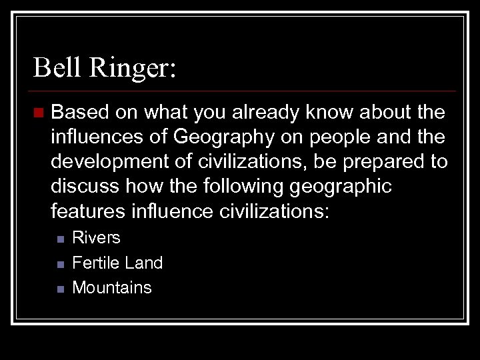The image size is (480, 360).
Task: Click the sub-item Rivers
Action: point(96,237)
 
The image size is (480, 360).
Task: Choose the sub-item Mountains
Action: point(112,288)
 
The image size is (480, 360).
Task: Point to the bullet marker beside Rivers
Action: point(59,238)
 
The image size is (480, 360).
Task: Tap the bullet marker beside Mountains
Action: point(59,289)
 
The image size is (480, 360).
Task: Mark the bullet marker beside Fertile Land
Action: point(59,263)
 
